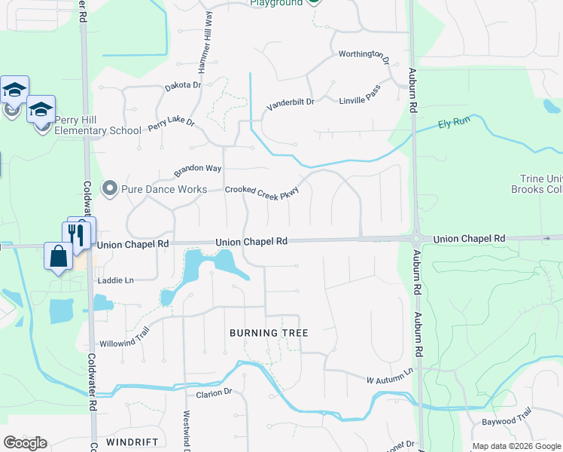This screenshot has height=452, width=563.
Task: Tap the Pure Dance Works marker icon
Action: (x=111, y=188)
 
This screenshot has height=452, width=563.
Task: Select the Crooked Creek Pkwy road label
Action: (x=263, y=193)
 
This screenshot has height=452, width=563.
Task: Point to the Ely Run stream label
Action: (x=454, y=124)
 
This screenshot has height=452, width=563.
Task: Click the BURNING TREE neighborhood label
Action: (x=269, y=332)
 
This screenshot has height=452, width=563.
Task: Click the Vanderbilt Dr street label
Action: (x=290, y=103)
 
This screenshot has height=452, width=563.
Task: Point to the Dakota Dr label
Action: (x=183, y=86)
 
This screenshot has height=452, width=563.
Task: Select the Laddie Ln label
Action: (x=115, y=280)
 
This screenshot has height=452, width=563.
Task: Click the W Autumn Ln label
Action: (x=390, y=375)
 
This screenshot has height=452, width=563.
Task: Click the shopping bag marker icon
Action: (x=59, y=257)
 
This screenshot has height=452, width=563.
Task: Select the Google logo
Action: (x=25, y=443)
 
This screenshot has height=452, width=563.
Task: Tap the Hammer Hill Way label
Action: (x=205, y=50)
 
